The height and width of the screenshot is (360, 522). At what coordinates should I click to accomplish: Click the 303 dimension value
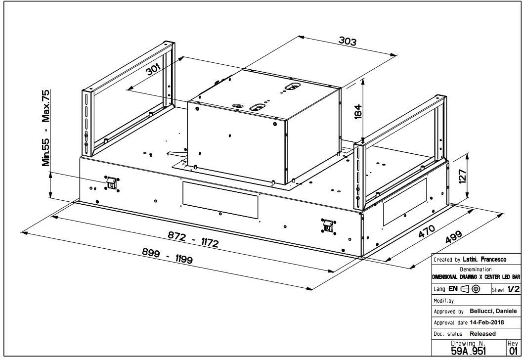pyautogui.click(x=348, y=41)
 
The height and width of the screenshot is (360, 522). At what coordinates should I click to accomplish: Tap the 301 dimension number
pyautogui.click(x=154, y=69)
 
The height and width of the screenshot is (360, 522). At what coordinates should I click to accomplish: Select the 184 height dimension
pyautogui.click(x=358, y=112)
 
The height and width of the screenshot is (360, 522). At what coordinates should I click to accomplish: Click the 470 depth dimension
pyautogui.click(x=427, y=231)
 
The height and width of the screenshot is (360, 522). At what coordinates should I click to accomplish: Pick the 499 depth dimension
pyautogui.click(x=453, y=237)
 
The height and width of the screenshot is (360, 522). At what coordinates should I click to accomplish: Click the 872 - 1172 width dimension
pyautogui.click(x=193, y=240)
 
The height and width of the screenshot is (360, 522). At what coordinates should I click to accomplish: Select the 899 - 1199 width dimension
pyautogui.click(x=168, y=256)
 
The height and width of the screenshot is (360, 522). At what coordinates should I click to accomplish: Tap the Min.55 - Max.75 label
pyautogui.click(x=45, y=128)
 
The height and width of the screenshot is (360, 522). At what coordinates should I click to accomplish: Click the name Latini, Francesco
pyautogui.click(x=485, y=259)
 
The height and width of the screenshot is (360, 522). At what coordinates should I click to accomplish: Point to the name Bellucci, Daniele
pyautogui.click(x=493, y=311)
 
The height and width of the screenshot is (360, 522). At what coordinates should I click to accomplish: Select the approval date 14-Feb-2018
pyautogui.click(x=487, y=322)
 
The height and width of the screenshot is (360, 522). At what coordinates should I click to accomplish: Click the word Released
pyautogui.click(x=483, y=334)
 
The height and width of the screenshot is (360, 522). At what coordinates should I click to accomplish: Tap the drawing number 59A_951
pyautogui.click(x=469, y=351)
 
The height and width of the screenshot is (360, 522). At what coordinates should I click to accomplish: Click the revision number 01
pyautogui.click(x=513, y=351)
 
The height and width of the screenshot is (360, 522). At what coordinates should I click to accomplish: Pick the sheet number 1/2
pyautogui.click(x=513, y=289)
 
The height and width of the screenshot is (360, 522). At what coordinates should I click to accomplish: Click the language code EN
pyautogui.click(x=453, y=289)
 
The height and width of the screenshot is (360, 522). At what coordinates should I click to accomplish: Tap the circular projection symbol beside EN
pyautogui.click(x=476, y=289)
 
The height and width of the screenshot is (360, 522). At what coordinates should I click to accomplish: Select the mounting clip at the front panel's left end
pyautogui.click(x=112, y=182)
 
